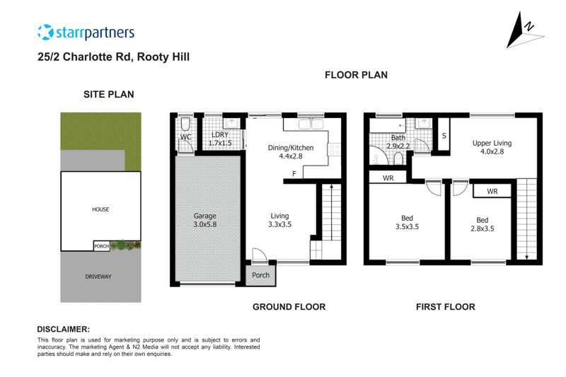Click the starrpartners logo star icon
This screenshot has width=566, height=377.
[45, 32]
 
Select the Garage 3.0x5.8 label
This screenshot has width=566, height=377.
[204, 220]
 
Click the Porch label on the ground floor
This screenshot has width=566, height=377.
[260, 275]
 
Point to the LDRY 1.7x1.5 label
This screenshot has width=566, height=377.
[220, 139]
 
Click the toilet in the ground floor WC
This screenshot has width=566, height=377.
[185, 124]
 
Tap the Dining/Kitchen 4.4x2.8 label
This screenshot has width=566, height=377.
[291, 152]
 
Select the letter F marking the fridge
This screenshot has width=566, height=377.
[294, 174]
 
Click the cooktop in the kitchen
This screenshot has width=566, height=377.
[334, 150]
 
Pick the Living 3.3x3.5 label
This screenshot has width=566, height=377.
[279, 220]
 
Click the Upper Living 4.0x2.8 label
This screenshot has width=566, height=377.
[492, 147]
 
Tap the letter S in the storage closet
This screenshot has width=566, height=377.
[444, 136]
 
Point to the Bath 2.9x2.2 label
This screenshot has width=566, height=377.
[398, 141]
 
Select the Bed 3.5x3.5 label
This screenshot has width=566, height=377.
[407, 222]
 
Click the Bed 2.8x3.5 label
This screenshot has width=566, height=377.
[483, 224]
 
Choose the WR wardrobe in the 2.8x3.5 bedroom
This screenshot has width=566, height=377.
[492, 191]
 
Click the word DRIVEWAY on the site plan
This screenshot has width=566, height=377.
[98, 277]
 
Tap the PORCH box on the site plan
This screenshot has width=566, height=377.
[101, 246]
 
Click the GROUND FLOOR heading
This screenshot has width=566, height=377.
[289, 307]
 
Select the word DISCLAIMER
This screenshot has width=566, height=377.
[63, 329]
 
